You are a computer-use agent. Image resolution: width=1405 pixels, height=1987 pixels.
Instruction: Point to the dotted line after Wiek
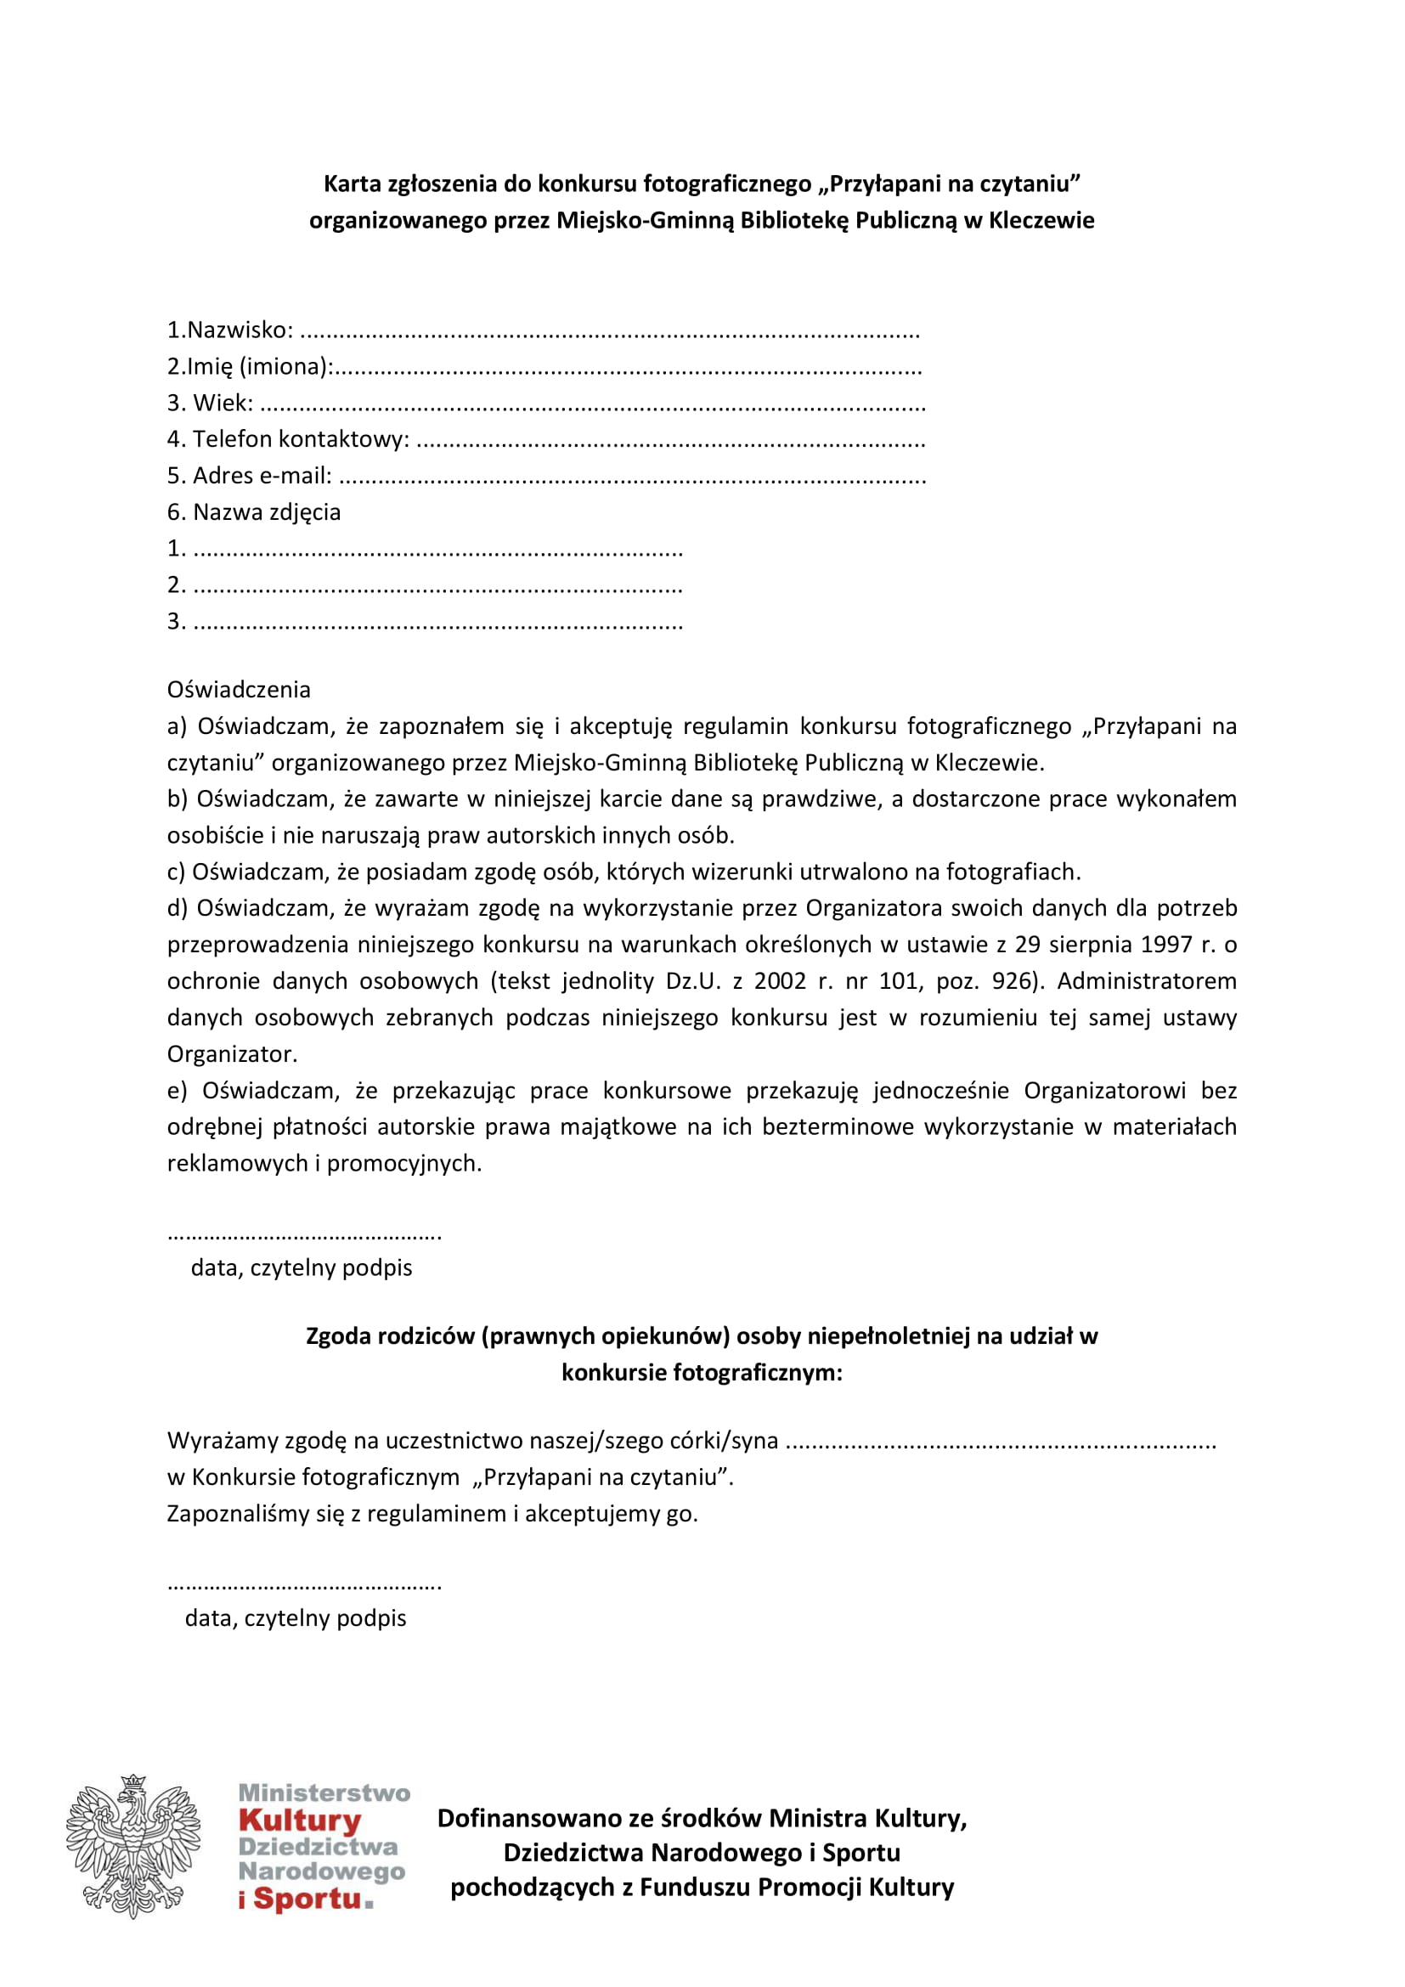click(593, 405)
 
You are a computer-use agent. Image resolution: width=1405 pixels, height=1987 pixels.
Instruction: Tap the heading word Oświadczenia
click(239, 689)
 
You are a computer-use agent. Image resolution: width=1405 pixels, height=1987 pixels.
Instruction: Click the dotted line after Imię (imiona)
click(627, 369)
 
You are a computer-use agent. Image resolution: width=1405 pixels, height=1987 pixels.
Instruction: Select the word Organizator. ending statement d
click(232, 1054)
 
